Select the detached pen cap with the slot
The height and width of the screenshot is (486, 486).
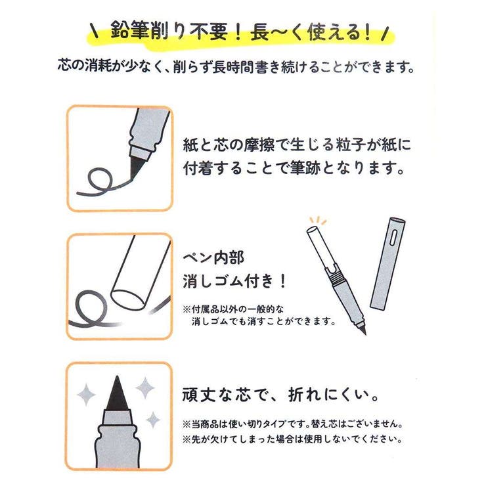387,263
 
